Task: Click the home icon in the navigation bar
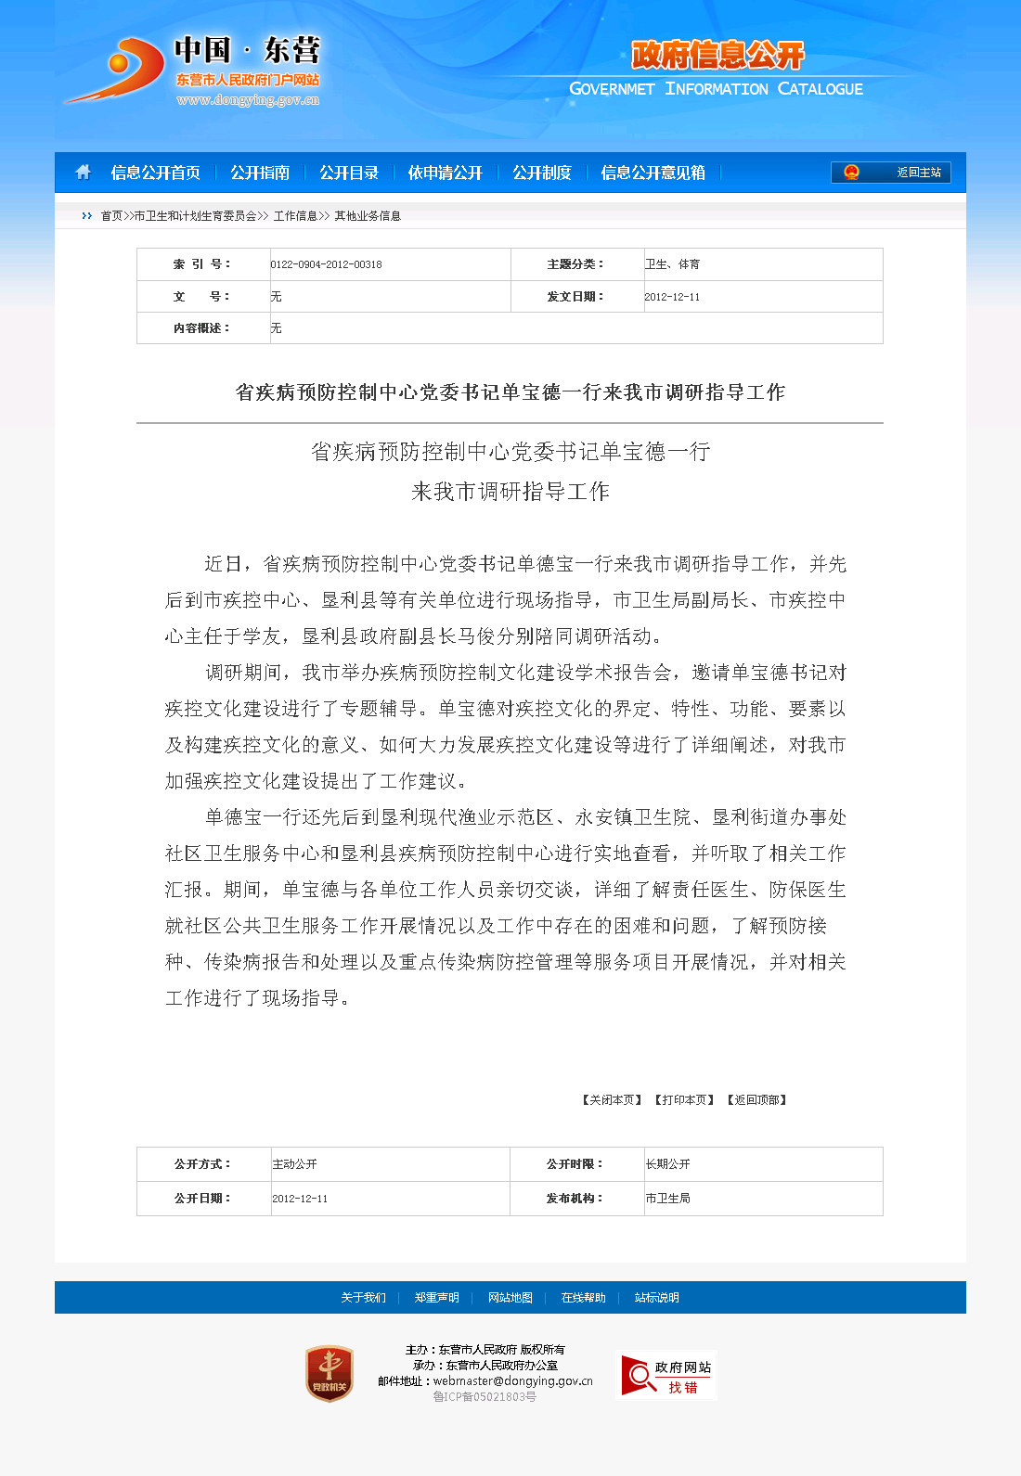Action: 83,173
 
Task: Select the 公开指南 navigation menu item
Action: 260,173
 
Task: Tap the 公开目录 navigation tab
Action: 349,173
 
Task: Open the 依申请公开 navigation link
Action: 446,173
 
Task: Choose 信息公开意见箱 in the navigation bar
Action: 653,173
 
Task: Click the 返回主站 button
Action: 891,173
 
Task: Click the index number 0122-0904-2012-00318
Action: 326,264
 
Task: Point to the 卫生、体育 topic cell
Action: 672,264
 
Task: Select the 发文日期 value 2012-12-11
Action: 672,297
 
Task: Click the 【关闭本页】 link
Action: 612,1100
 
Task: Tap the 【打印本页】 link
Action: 684,1100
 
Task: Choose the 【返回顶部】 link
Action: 756,1100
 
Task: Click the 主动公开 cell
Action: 294,1164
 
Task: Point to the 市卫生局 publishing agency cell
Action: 667,1199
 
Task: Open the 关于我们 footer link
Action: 363,1298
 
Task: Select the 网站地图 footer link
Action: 510,1298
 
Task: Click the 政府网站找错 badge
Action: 666,1376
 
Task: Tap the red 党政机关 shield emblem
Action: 330,1374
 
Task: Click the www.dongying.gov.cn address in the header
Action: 248,100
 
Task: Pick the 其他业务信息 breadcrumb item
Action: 368,216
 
